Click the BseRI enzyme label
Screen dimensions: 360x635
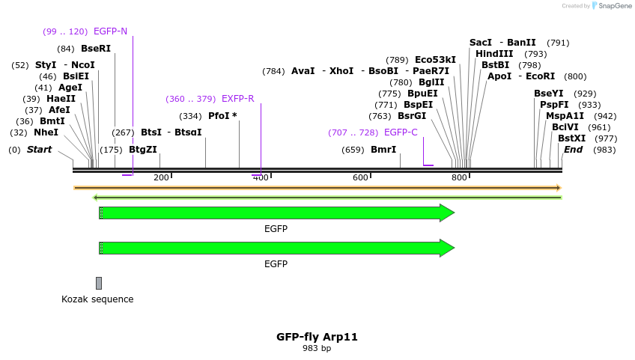[x=96, y=49]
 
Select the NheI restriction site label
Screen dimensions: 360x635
[x=46, y=132]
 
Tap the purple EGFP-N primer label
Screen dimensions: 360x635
[x=110, y=31]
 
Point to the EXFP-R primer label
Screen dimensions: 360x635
[x=237, y=99]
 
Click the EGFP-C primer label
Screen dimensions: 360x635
[x=401, y=132]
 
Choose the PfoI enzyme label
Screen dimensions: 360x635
[x=222, y=116]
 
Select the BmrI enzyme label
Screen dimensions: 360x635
[x=383, y=150]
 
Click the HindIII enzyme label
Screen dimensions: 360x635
[x=494, y=54]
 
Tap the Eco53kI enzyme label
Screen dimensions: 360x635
[x=435, y=60]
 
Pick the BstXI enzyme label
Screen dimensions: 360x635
[x=571, y=138]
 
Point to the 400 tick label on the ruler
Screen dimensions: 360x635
[x=260, y=177]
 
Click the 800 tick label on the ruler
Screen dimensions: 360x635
[x=459, y=177]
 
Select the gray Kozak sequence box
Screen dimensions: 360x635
[x=99, y=283]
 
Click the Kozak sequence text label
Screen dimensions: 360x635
[x=97, y=299]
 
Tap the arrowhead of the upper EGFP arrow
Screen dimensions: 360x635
[x=447, y=213]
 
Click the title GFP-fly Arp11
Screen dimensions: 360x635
[x=317, y=337]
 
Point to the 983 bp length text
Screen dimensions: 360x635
[x=317, y=349]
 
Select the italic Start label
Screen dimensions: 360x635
[x=39, y=150]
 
